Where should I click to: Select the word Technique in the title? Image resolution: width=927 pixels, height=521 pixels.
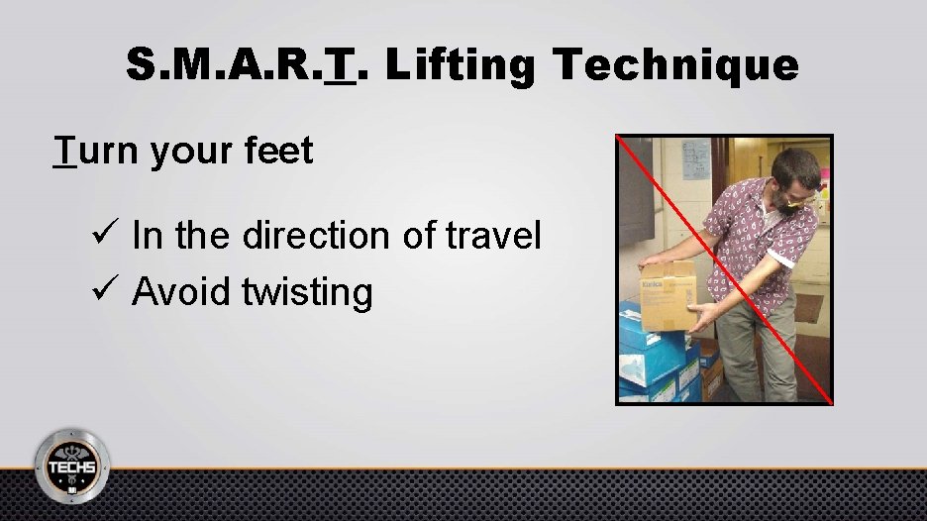pos(676,65)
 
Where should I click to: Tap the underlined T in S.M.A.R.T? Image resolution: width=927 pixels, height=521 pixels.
pos(341,65)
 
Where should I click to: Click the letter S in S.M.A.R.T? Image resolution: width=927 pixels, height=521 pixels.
pos(140,65)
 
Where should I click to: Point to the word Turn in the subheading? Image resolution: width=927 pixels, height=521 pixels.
pos(99,151)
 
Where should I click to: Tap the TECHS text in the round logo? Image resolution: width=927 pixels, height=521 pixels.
pos(72,467)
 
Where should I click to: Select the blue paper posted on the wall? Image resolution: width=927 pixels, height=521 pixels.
pos(696,157)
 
